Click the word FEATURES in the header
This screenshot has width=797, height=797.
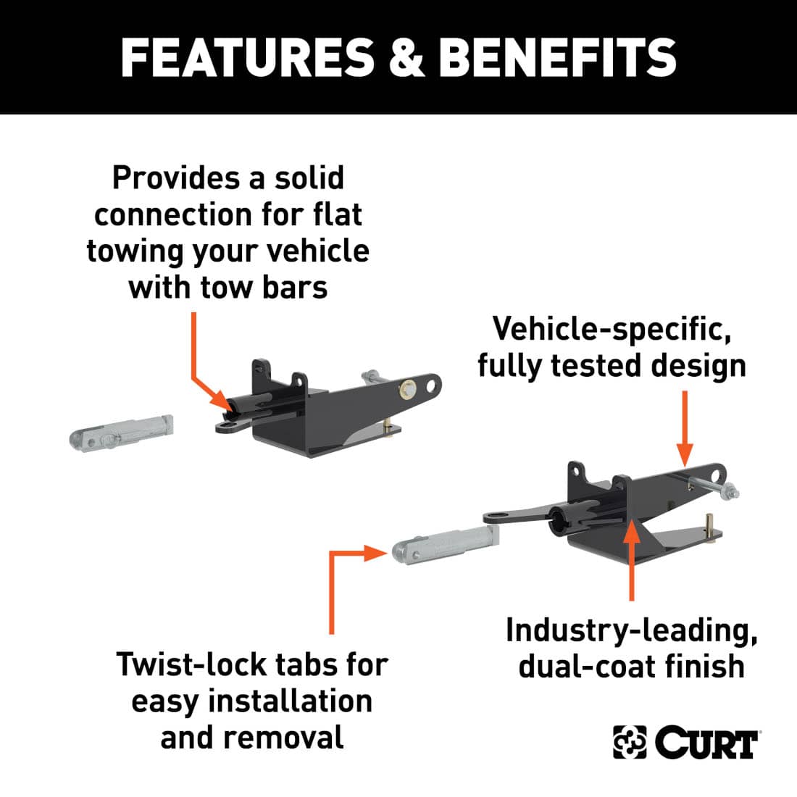[247, 58]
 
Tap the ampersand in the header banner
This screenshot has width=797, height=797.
[406, 58]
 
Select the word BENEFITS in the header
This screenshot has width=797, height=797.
[558, 58]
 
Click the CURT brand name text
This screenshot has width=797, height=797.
[706, 743]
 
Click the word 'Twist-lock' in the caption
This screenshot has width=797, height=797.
[191, 664]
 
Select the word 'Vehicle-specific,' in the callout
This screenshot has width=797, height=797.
[612, 329]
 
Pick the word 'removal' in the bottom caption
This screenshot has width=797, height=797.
[283, 738]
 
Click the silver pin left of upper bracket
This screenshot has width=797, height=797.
[122, 432]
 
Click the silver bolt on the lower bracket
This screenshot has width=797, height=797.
[717, 492]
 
